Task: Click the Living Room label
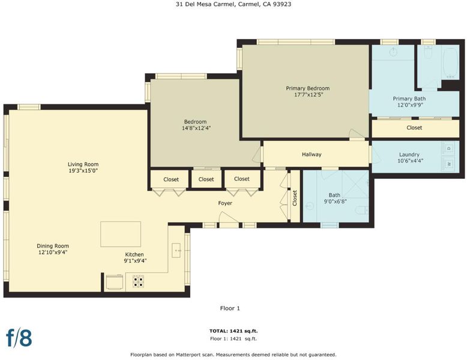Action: (83, 164)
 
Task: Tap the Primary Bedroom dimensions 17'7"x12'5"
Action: (309, 95)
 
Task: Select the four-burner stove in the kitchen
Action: (138, 281)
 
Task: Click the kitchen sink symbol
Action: (176, 250)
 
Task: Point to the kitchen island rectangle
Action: (121, 234)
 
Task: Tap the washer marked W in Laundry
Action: (450, 164)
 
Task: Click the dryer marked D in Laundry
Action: (450, 148)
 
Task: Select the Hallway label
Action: (312, 154)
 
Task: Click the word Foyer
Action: (225, 203)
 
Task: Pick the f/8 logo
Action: (19, 338)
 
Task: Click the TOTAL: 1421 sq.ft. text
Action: (233, 331)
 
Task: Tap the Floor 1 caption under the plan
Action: (230, 308)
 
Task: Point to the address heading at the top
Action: (233, 4)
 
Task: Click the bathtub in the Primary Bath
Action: (451, 64)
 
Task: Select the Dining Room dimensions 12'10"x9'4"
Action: (53, 253)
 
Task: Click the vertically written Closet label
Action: (295, 198)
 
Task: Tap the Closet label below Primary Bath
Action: (414, 127)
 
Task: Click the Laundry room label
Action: (409, 155)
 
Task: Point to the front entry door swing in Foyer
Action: (229, 217)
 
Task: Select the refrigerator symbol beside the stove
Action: (115, 282)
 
